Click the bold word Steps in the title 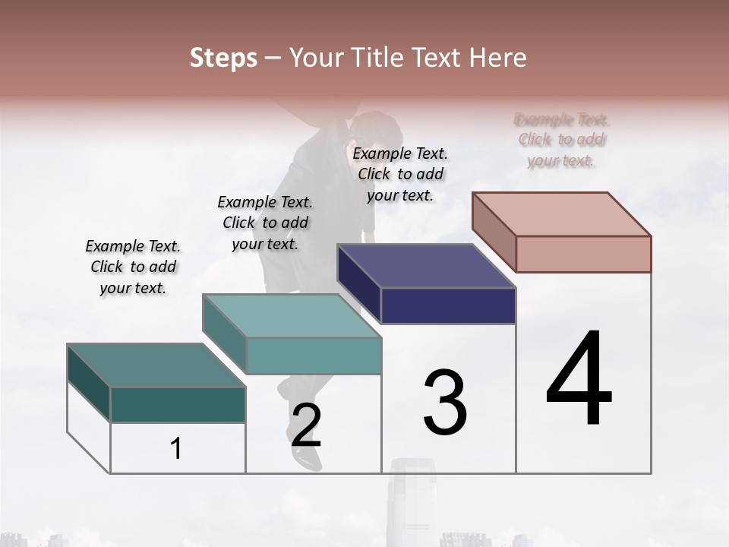[x=223, y=58]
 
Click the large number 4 [x=579, y=380]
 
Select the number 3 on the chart [x=445, y=403]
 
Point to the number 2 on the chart [x=306, y=425]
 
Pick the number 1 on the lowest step [x=176, y=448]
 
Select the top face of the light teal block [x=292, y=316]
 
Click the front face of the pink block [x=583, y=254]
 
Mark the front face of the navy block [x=448, y=305]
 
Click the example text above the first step [x=133, y=267]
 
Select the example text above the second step [x=265, y=223]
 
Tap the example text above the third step [x=400, y=174]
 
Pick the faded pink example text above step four [x=561, y=140]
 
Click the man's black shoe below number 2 [x=307, y=457]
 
